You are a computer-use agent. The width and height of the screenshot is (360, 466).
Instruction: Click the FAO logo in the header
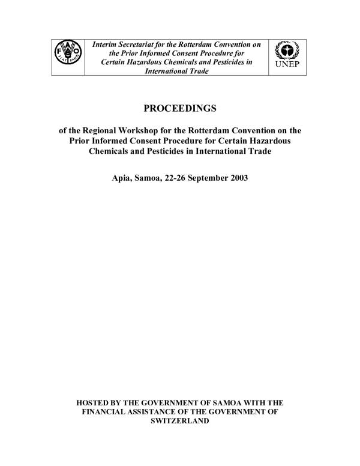pos(67,57)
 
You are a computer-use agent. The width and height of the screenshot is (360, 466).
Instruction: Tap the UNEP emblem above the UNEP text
pos(289,51)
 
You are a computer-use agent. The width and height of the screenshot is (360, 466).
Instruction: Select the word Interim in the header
pos(106,44)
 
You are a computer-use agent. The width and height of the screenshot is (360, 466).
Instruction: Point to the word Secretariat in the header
pos(144,44)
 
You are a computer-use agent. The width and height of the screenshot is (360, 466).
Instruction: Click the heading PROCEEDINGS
pos(179,109)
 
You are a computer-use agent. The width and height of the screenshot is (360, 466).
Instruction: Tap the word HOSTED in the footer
pos(97,402)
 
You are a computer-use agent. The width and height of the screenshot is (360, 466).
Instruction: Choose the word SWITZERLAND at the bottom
pos(179,421)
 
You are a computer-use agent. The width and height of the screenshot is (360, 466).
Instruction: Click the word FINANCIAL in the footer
pos(104,411)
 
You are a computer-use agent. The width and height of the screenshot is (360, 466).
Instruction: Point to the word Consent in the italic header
pos(183,53)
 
